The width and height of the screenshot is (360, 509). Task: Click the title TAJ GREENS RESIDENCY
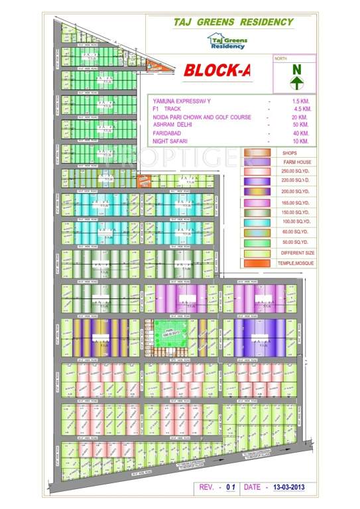tap(233, 22)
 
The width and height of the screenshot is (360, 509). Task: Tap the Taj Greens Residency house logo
tap(227, 42)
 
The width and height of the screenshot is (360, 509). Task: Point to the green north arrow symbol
tap(296, 75)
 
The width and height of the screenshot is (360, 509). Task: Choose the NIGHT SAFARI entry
tap(172, 141)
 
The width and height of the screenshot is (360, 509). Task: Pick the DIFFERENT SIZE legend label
tap(295, 253)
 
